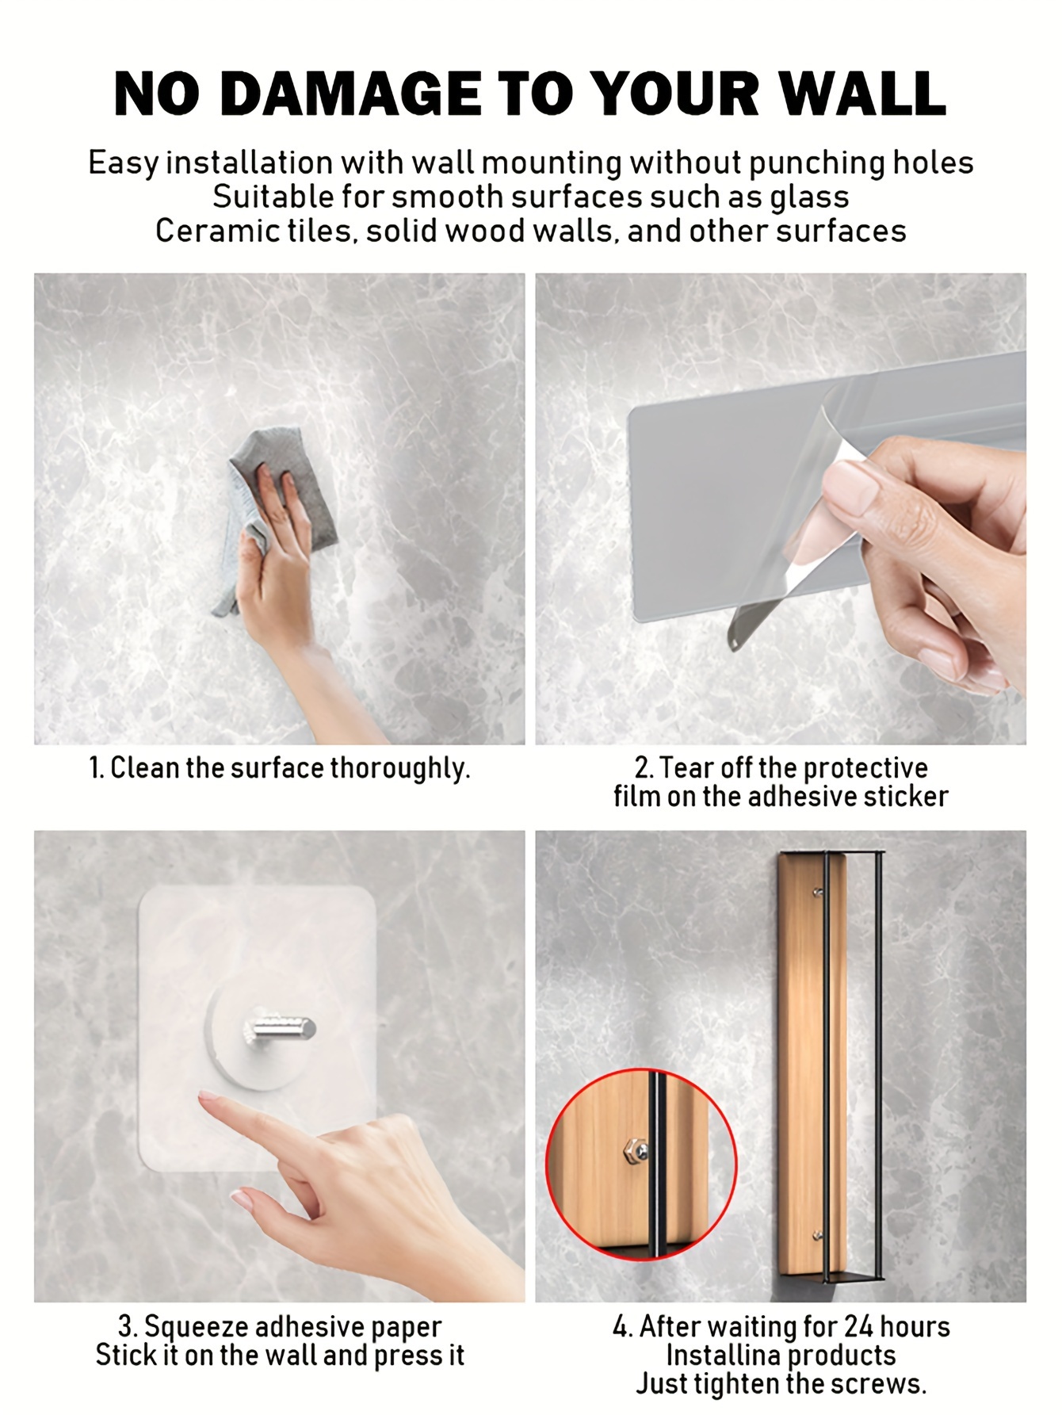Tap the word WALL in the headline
click(861, 94)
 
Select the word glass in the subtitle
click(809, 197)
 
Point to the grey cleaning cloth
click(277, 515)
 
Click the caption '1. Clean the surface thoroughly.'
click(279, 768)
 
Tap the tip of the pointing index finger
click(204, 1098)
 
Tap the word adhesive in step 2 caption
click(802, 797)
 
